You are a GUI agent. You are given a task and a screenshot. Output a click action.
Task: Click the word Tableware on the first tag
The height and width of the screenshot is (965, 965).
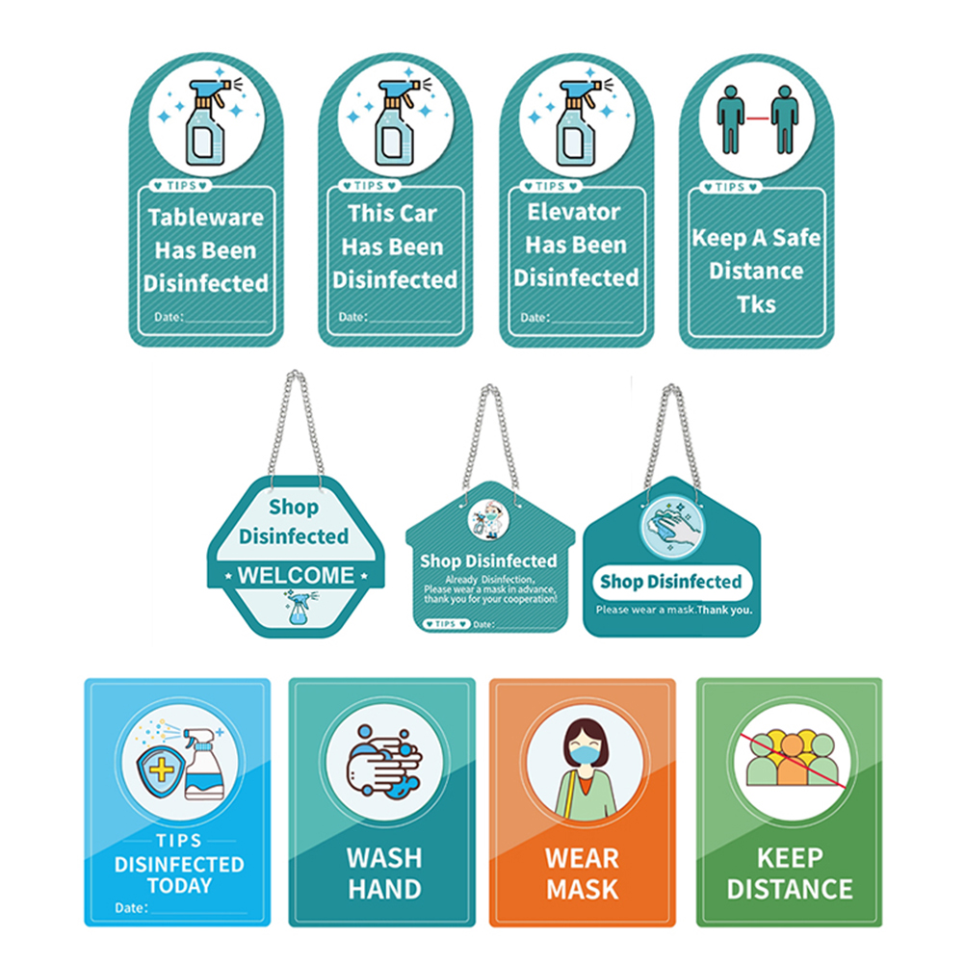click(x=206, y=217)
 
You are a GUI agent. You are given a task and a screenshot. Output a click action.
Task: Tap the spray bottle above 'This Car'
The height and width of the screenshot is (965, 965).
click(x=395, y=119)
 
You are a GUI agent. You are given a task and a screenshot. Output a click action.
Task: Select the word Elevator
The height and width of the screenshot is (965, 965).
click(x=575, y=212)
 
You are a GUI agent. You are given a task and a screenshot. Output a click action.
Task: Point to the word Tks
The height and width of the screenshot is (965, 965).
click(x=756, y=303)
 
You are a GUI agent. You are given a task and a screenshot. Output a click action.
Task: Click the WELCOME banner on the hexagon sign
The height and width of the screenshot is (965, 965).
click(x=296, y=576)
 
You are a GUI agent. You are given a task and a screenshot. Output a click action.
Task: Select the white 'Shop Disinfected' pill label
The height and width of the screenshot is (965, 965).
click(x=671, y=582)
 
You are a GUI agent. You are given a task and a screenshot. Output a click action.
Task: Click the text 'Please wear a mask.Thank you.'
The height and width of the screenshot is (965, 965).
click(x=673, y=610)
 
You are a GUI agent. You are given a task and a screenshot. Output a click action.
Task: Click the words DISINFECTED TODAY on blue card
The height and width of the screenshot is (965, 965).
click(x=179, y=874)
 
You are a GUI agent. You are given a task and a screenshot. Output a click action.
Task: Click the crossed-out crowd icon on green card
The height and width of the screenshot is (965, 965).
click(x=789, y=757)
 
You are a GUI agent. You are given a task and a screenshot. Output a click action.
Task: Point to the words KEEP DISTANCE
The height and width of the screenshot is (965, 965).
click(x=790, y=873)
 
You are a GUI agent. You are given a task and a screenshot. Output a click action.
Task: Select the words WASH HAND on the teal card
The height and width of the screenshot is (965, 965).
click(x=383, y=873)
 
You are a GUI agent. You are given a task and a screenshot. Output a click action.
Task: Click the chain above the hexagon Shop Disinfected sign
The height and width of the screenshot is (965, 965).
click(x=296, y=424)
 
